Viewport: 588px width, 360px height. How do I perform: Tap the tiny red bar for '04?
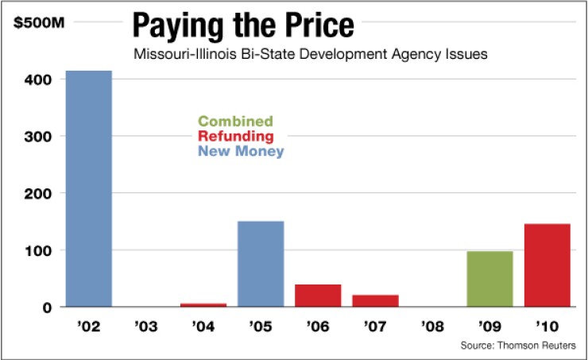pyautogui.click(x=203, y=304)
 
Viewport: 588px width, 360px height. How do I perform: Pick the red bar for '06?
pyautogui.click(x=318, y=295)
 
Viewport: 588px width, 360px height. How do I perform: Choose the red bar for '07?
pyautogui.click(x=375, y=300)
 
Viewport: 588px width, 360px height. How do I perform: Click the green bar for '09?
pyautogui.click(x=490, y=279)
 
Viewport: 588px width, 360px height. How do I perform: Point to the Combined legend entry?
pyautogui.click(x=235, y=122)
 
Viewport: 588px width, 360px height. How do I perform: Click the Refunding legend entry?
pyautogui.click(x=236, y=136)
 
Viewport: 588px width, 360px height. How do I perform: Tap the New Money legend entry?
pyautogui.click(x=240, y=150)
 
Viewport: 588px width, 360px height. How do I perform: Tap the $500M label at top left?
pyautogui.click(x=37, y=23)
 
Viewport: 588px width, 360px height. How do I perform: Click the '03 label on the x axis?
pyautogui.click(x=146, y=327)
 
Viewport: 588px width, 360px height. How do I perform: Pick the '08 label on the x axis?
pyautogui.click(x=433, y=327)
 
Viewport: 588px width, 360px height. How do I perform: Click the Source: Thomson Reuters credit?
pyautogui.click(x=517, y=346)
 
